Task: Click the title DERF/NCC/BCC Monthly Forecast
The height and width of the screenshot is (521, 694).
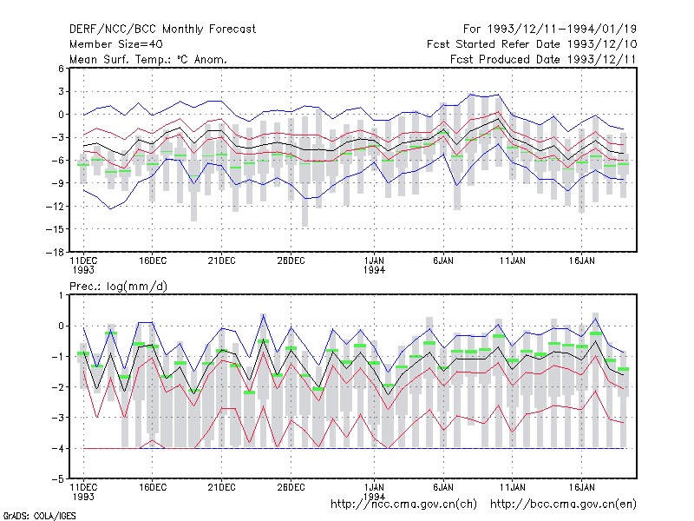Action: tap(162, 30)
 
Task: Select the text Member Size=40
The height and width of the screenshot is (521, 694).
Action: tap(116, 44)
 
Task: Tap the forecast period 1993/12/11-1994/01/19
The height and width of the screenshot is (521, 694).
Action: tap(561, 30)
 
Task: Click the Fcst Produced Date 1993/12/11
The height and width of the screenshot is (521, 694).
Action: tap(543, 59)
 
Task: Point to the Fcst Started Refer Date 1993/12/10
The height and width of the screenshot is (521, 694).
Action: tap(532, 44)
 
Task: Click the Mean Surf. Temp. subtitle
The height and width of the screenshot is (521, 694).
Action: tap(148, 59)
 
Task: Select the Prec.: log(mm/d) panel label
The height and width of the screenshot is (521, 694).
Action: tap(118, 287)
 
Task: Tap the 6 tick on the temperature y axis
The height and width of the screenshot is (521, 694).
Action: tap(61, 69)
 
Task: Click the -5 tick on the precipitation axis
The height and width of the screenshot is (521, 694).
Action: tap(57, 479)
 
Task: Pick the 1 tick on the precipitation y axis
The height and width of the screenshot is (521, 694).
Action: tap(61, 295)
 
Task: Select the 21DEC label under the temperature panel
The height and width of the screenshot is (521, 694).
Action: tap(221, 261)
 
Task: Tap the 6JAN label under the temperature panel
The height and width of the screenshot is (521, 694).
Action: tap(443, 261)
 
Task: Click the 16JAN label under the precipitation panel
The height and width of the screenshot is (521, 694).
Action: tap(581, 488)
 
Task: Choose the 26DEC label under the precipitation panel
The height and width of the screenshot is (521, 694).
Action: tap(291, 488)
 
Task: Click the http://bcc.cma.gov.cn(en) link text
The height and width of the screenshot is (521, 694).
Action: tap(563, 505)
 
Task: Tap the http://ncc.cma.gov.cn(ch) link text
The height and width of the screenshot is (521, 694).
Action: tap(403, 505)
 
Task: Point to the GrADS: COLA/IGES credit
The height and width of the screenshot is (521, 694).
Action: tap(39, 516)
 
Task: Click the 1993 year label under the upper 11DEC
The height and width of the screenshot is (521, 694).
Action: tap(83, 270)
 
